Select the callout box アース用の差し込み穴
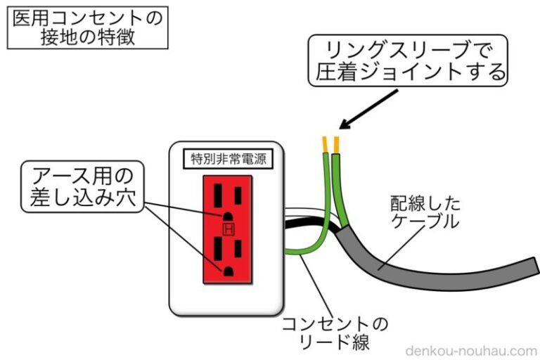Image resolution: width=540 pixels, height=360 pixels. click(x=79, y=185)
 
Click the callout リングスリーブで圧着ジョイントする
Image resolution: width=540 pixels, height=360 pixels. click(x=408, y=60)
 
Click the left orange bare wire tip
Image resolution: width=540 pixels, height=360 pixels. click(x=325, y=144)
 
